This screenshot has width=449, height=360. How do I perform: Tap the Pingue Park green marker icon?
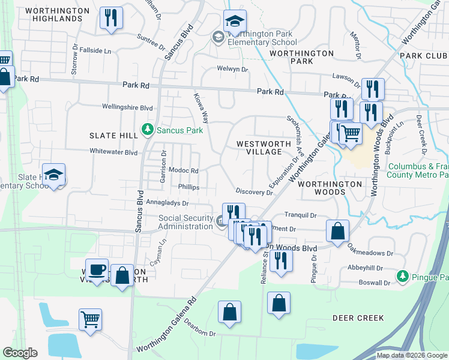pos(403,277)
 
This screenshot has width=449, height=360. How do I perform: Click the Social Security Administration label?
pos(186,222)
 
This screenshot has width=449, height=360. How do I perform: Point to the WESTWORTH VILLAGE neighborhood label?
pos(259,148)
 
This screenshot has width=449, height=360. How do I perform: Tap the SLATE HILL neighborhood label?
pos(113,136)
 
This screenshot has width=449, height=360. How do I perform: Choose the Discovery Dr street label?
pos(254,192)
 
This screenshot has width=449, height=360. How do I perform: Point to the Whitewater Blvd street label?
pos(113,152)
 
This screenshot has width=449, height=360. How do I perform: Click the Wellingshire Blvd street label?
pos(119,107)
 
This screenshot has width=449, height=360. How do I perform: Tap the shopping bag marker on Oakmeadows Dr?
pos(338,232)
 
